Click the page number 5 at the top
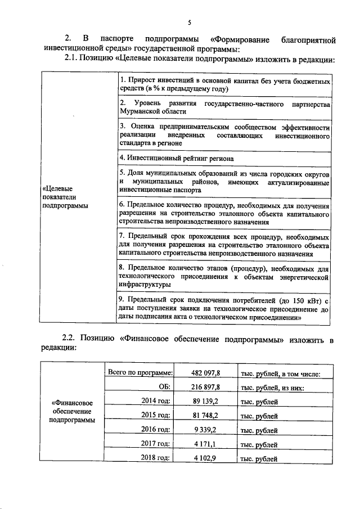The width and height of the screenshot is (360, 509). click(x=190, y=22)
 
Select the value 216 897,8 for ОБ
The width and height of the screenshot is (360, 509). click(x=207, y=388)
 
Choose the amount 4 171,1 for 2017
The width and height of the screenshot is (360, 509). click(x=213, y=444)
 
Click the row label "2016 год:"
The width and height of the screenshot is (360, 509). click(x=155, y=430)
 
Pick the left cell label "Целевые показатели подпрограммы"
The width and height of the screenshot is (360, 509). click(x=65, y=197)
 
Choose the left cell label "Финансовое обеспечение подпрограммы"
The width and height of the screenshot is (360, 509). click(x=72, y=411)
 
